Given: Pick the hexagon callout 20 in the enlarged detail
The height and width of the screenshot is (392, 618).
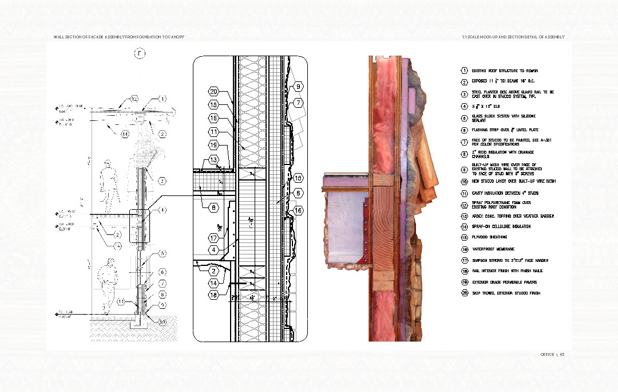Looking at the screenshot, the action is (x=213, y=92).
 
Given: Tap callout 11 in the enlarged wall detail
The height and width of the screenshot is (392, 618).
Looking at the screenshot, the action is (x=213, y=132).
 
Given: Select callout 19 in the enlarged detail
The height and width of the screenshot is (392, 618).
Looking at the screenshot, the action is (x=213, y=145).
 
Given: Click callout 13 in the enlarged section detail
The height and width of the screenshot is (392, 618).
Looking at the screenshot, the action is (x=213, y=159).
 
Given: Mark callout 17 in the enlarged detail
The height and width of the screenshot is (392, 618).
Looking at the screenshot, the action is (x=213, y=237).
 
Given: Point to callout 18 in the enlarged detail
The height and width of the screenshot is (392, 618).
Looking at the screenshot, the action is (x=213, y=295).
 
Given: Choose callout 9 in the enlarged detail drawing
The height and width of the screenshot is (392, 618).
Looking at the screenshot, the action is (x=298, y=87).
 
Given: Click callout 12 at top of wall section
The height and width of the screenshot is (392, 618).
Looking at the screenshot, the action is (x=134, y=99).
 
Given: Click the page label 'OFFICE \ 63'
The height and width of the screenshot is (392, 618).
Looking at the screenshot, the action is (x=553, y=354).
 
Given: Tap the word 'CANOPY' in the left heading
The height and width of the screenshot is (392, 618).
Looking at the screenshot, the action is (x=175, y=37).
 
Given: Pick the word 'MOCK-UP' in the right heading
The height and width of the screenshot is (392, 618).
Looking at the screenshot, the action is (x=488, y=37).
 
